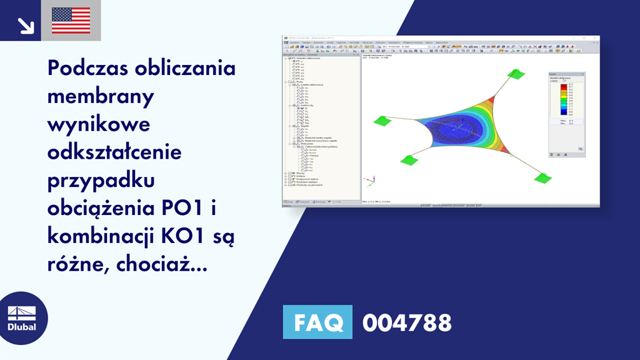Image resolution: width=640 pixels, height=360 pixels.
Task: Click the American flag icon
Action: [x=71, y=21]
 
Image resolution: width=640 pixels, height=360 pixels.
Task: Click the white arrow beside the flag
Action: [x=25, y=24]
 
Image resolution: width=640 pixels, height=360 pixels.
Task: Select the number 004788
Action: [x=407, y=322]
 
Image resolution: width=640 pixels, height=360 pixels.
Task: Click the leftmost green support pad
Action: [x=382, y=121]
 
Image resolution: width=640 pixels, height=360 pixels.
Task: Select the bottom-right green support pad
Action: [x=542, y=177]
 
